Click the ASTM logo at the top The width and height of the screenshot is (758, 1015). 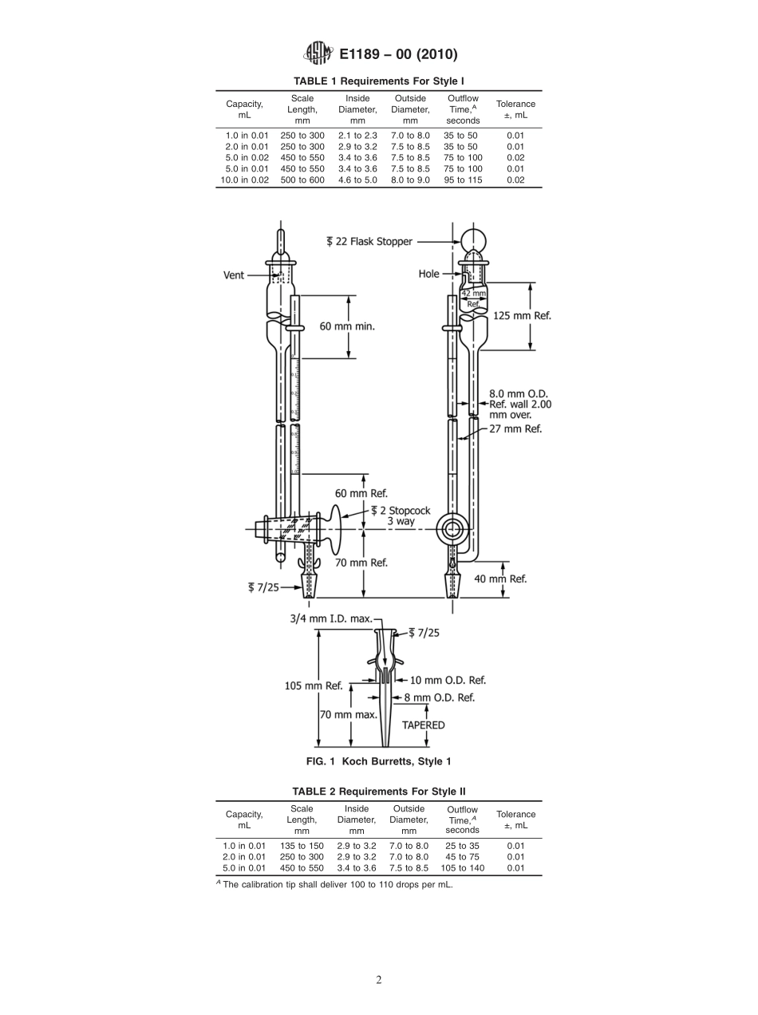pyautogui.click(x=317, y=54)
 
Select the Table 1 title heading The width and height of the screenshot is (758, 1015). pyautogui.click(x=379, y=81)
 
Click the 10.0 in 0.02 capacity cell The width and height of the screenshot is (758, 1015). pyautogui.click(x=244, y=180)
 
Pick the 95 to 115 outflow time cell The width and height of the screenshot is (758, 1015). pyautogui.click(x=463, y=180)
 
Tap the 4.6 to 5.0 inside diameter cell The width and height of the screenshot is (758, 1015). pyautogui.click(x=357, y=180)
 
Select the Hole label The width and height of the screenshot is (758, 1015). pyautogui.click(x=428, y=274)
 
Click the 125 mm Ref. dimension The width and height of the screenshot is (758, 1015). pyautogui.click(x=523, y=315)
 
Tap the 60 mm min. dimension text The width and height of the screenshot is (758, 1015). pyautogui.click(x=347, y=326)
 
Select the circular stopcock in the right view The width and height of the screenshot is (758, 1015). pyautogui.click(x=452, y=528)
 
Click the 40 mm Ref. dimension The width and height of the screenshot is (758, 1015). pyautogui.click(x=499, y=579)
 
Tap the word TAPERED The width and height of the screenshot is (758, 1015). pyautogui.click(x=423, y=725)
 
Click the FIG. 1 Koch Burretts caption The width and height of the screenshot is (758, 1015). pyautogui.click(x=379, y=761)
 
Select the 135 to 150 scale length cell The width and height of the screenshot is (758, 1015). pyautogui.click(x=302, y=846)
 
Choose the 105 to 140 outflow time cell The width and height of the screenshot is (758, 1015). pyautogui.click(x=463, y=867)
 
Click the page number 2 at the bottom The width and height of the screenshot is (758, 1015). pyautogui.click(x=379, y=980)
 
